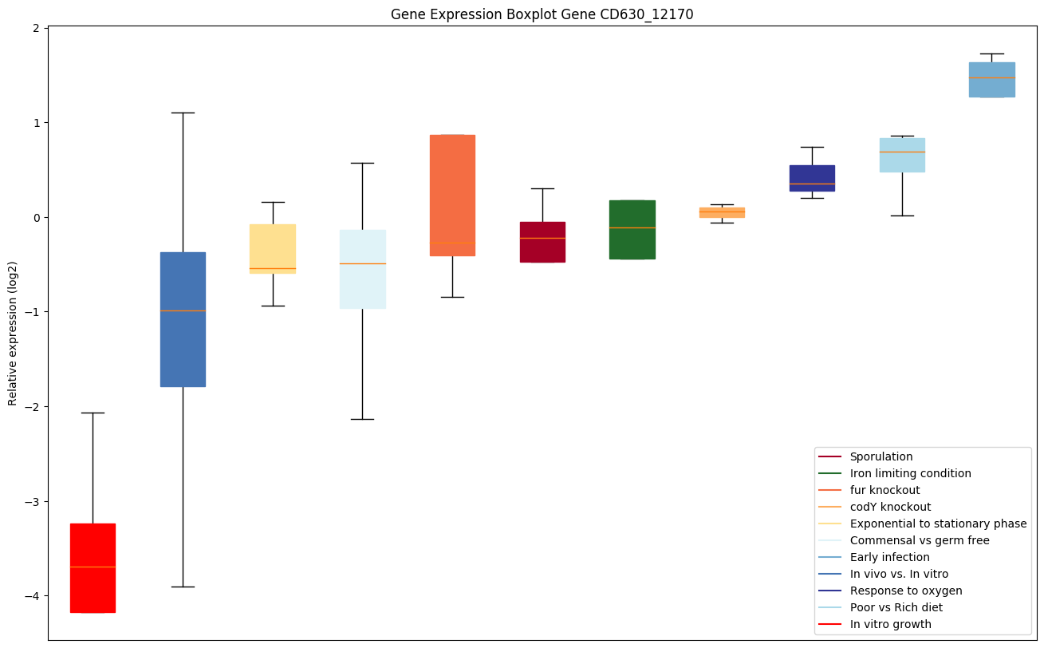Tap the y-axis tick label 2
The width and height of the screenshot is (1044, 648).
[x=36, y=28]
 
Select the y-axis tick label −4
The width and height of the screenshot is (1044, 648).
[x=33, y=596]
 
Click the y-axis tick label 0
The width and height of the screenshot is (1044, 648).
[x=36, y=217]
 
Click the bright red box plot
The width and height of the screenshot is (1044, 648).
[x=93, y=567]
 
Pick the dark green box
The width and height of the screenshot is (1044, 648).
[x=632, y=229]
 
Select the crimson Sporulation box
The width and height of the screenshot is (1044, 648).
[x=542, y=242]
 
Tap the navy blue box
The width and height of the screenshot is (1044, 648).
[x=812, y=178]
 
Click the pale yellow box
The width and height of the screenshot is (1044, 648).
[x=273, y=248]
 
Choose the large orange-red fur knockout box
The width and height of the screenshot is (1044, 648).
[x=452, y=195]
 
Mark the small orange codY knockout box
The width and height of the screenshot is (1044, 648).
[x=722, y=212]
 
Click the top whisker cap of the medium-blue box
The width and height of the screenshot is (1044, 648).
[x=183, y=113]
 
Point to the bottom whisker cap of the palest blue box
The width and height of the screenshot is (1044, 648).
[x=363, y=419]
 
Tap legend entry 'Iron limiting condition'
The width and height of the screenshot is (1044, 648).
[x=910, y=473]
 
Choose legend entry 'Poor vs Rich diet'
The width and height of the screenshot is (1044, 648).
[x=896, y=607]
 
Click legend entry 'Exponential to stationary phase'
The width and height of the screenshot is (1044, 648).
[x=938, y=524]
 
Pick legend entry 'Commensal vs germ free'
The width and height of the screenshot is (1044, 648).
[x=919, y=540]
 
